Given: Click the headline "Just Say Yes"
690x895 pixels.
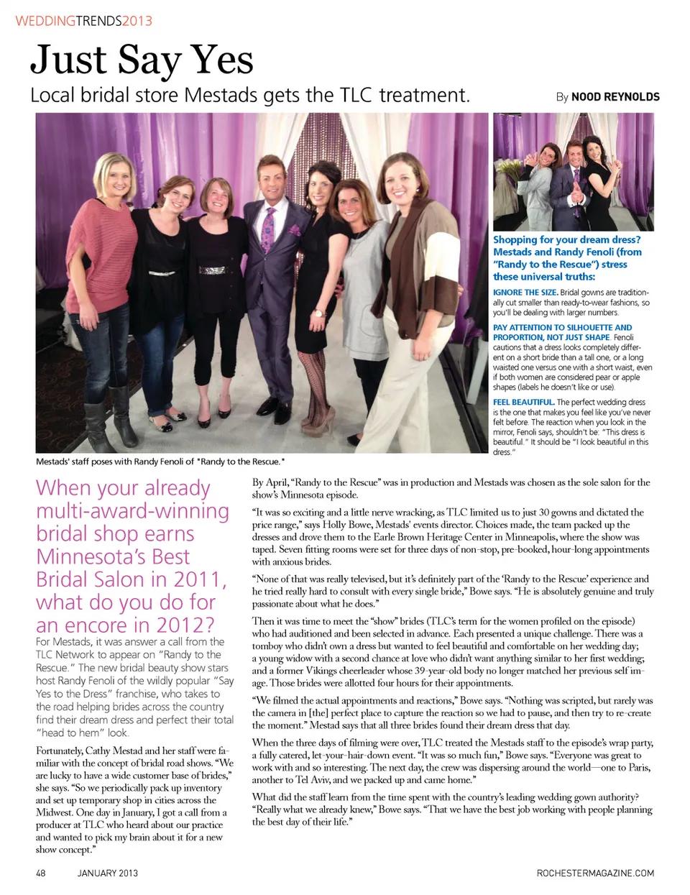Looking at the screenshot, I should coord(142,59).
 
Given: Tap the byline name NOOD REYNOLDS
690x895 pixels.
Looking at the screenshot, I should coord(615,97).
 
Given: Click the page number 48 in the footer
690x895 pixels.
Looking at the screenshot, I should coord(41,873).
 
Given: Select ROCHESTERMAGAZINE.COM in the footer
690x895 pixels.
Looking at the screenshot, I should coord(595,873).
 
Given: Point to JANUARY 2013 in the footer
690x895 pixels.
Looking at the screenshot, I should coord(108,873).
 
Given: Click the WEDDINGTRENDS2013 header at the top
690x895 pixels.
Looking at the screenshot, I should coord(83,21).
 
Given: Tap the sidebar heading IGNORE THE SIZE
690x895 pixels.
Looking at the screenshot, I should coord(525,293).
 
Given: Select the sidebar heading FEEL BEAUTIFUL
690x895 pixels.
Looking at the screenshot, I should coord(523,402).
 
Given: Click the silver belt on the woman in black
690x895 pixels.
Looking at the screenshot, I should coord(213,270).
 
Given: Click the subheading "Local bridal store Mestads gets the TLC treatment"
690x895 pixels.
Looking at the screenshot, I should coord(249,95).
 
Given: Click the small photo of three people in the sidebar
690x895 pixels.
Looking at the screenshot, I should coord(573,171).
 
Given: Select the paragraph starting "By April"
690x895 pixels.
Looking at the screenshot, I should coord(451,488).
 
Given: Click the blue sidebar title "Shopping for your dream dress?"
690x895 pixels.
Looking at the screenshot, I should coord(566,239).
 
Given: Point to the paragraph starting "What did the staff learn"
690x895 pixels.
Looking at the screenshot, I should coord(451,809).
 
